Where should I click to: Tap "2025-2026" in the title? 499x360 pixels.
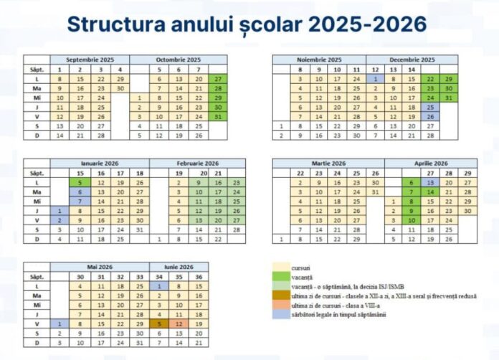click(369, 24)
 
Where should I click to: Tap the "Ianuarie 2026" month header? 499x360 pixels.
click(100, 164)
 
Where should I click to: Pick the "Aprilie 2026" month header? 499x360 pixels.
click(430, 164)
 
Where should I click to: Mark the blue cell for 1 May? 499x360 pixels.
click(61, 323)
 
